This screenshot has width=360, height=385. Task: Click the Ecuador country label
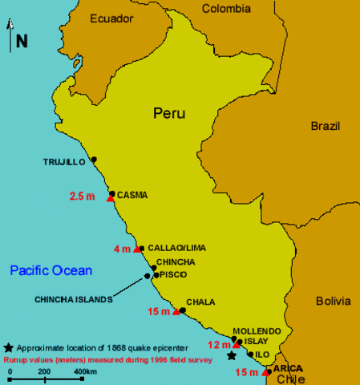111,18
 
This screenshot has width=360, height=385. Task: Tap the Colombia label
226,9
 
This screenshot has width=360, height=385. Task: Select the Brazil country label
326,126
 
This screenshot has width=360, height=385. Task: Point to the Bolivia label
333,302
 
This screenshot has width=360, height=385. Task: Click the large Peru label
169,114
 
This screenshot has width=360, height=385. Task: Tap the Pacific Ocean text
51,270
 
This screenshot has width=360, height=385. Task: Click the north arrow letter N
22,41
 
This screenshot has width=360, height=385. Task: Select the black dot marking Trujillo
94,160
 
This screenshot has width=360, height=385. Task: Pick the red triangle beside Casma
110,198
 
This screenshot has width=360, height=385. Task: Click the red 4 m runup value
122,249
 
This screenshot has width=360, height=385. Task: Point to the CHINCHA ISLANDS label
72,300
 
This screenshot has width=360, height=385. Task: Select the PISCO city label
173,274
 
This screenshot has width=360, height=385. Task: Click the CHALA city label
200,302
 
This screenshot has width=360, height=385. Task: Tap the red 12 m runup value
220,345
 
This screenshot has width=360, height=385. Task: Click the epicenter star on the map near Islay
232,355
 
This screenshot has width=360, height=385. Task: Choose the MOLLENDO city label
257,330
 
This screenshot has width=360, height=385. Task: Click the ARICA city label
288,368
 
